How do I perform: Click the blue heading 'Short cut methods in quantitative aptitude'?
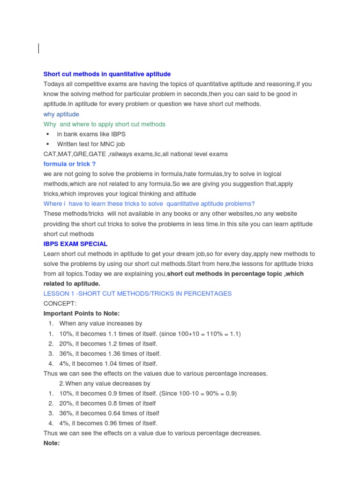[x=107, y=74]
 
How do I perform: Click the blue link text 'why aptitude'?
[x=61, y=114]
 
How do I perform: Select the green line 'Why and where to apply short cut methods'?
[x=104, y=124]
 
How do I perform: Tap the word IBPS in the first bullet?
[x=118, y=134]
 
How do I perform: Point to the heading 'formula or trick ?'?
[x=69, y=164]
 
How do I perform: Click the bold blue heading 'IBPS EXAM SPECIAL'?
[x=75, y=244]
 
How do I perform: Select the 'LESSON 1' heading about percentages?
[x=137, y=293]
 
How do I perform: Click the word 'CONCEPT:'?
[x=60, y=303]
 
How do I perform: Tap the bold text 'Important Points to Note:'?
[x=82, y=313]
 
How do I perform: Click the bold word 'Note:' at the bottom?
[x=52, y=443]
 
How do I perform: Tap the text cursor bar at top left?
[x=38, y=48]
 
